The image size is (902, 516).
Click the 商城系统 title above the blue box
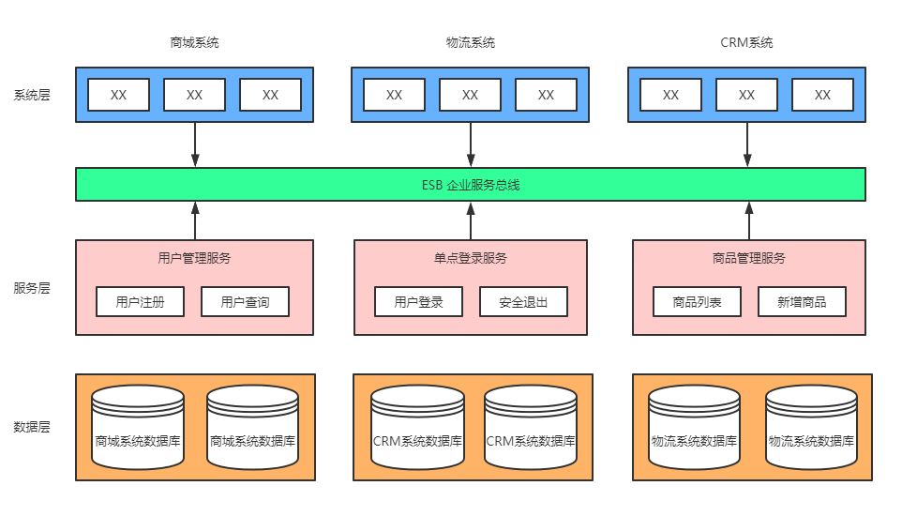[x=194, y=42]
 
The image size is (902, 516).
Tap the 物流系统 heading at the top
[x=471, y=42]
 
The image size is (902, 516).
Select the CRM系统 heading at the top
[x=746, y=42]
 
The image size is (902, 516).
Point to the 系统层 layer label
[x=32, y=95]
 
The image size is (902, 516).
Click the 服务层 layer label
[x=32, y=288]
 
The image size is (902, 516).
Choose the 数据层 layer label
[x=32, y=427]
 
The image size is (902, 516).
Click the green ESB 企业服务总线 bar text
[x=471, y=185]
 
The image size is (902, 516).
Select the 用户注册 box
[x=141, y=302]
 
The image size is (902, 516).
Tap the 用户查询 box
[x=246, y=302]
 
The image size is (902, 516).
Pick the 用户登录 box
[x=418, y=302]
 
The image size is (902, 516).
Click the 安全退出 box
[x=523, y=302]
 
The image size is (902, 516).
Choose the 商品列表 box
[x=697, y=302]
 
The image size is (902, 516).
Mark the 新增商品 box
[x=802, y=302]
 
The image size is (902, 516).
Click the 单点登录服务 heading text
[x=471, y=258]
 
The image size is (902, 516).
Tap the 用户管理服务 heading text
[x=194, y=258]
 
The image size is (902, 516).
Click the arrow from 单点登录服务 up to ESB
[x=471, y=221]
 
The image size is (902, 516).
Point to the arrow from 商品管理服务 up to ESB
[x=749, y=221]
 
